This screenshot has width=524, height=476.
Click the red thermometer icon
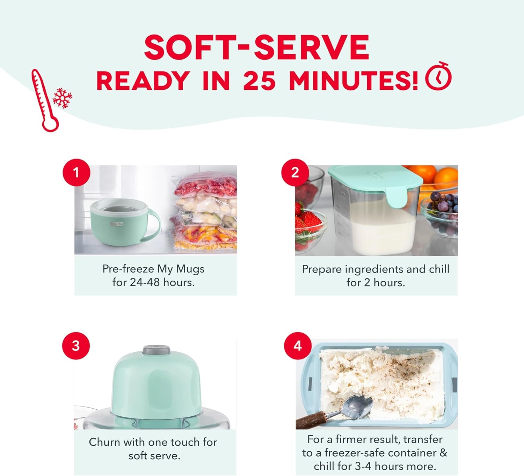click(45, 101)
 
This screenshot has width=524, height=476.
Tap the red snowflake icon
click(63, 98)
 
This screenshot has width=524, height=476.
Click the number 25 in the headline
click(259, 81)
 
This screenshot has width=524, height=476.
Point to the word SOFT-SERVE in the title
click(257, 47)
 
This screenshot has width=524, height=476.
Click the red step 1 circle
click(76, 172)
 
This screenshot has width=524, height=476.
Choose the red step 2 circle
click(295, 172)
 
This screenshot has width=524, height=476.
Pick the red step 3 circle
click(76, 346)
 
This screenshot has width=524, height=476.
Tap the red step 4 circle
click(298, 346)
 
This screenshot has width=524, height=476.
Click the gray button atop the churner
click(157, 350)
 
